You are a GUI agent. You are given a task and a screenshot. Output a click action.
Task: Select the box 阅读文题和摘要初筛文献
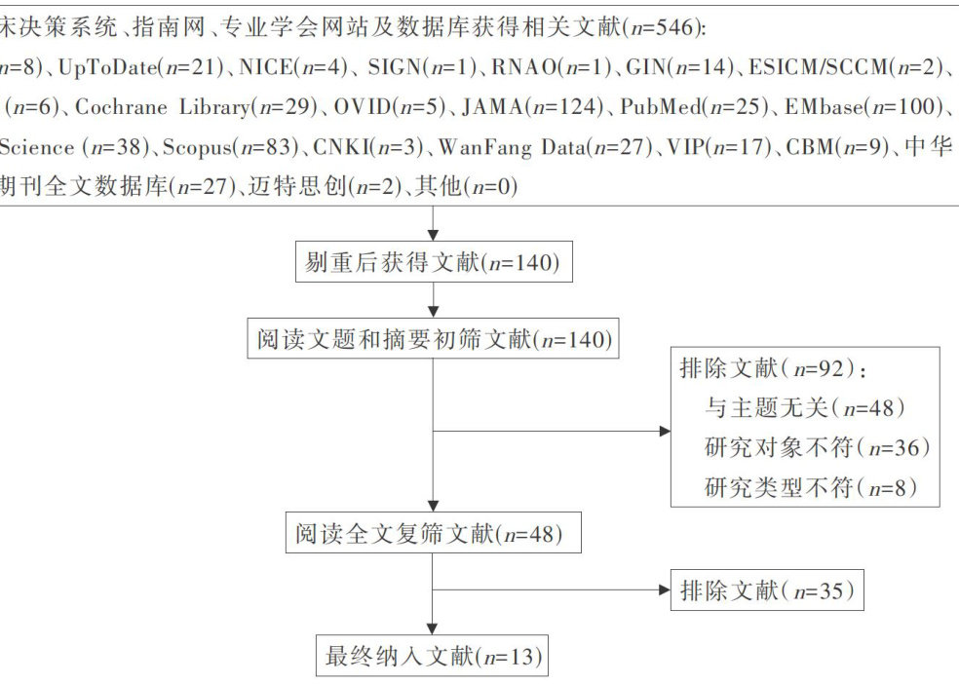click(x=432, y=339)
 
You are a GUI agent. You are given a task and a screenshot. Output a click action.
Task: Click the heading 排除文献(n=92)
click(x=772, y=369)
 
